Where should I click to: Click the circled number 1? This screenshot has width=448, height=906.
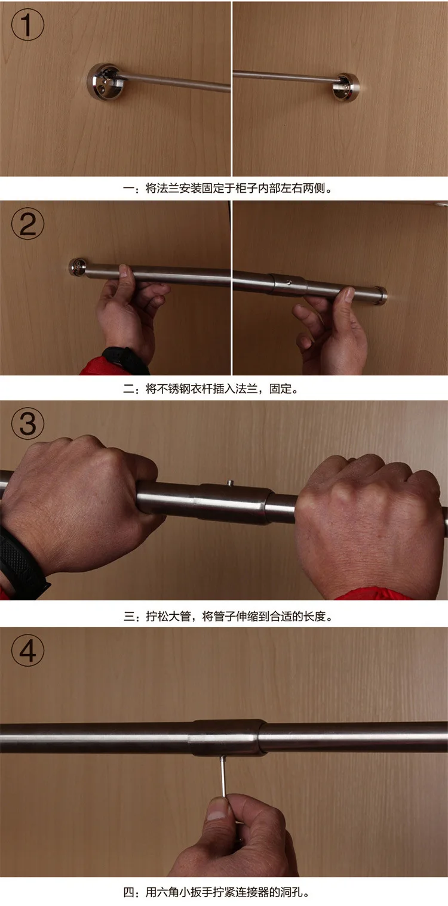point(27,24)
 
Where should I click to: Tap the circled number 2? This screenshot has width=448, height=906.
point(27,224)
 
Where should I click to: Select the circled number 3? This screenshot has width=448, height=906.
point(27,423)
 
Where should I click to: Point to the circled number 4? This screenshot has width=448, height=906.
point(27,650)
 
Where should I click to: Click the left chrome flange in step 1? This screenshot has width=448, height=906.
point(104,81)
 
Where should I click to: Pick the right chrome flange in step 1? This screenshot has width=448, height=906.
point(346,87)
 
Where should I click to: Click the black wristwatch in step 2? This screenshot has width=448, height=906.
point(125,359)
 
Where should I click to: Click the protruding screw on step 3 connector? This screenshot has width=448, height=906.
point(231,482)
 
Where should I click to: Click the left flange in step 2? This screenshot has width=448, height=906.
point(78,267)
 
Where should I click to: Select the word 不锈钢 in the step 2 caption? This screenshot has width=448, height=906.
point(173,389)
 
